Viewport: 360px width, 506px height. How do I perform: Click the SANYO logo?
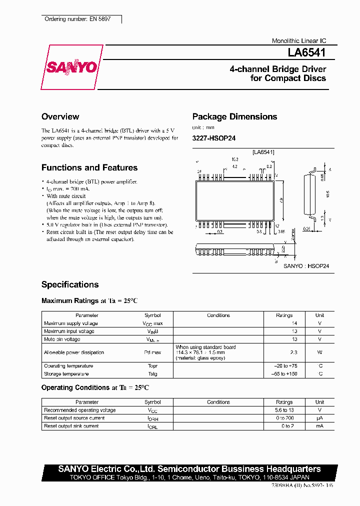click(71, 67)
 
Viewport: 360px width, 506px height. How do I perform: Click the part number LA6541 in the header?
click(306, 51)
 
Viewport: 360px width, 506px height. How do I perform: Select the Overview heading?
click(60, 116)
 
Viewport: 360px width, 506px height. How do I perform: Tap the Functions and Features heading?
click(89, 167)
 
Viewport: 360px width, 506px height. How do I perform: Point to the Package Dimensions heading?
click(234, 116)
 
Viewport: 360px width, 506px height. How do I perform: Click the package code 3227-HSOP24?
click(213, 138)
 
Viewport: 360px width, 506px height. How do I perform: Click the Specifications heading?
click(70, 284)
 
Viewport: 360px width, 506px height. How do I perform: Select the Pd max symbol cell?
click(152, 352)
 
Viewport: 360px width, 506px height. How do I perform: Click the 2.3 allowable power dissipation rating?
click(294, 352)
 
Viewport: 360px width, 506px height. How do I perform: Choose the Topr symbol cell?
click(152, 366)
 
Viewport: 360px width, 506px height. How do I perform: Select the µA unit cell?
click(319, 418)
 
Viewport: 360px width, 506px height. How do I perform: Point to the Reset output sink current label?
click(71, 426)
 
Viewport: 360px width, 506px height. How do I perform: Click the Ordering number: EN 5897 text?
click(77, 19)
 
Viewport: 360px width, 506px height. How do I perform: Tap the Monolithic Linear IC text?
click(298, 41)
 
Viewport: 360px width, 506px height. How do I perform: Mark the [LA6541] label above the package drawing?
click(263, 151)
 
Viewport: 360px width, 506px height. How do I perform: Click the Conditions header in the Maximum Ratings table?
click(218, 315)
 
